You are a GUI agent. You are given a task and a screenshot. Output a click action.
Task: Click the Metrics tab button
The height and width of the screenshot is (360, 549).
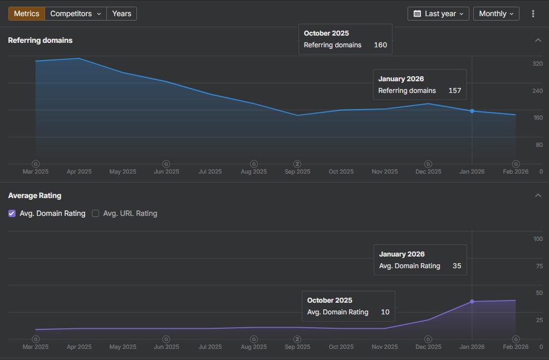(x=26, y=13)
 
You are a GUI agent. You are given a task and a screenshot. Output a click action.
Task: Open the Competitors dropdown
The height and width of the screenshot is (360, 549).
(x=76, y=13)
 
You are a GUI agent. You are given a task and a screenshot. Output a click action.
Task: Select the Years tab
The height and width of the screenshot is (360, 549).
(x=121, y=13)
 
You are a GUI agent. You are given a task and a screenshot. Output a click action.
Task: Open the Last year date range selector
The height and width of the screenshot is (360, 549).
(x=438, y=13)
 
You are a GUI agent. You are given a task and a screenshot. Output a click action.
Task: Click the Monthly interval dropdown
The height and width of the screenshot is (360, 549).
(x=496, y=13)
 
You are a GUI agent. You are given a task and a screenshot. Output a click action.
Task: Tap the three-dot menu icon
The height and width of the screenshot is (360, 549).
(x=533, y=13)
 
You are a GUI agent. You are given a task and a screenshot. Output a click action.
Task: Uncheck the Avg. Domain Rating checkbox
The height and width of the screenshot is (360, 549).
(x=12, y=213)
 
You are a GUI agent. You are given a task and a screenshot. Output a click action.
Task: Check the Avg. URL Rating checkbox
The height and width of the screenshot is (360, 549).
(x=95, y=213)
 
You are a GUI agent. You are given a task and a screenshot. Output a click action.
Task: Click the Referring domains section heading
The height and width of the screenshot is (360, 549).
(x=40, y=40)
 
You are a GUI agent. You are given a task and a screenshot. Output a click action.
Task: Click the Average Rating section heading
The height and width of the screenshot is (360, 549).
(x=35, y=195)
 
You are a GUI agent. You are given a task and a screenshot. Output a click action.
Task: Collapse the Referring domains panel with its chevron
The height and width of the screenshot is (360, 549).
(x=538, y=40)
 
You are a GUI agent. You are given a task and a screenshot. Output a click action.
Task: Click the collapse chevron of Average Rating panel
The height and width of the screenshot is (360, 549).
(x=538, y=195)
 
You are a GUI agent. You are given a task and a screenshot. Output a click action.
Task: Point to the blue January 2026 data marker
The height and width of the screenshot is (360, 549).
(x=472, y=111)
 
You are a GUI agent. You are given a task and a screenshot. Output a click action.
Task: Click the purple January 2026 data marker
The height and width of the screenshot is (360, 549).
(x=472, y=302)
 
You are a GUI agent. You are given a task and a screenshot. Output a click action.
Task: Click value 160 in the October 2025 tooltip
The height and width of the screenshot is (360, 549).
(x=380, y=45)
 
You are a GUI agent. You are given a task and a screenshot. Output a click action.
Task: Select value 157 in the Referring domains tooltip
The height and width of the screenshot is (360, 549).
(x=455, y=91)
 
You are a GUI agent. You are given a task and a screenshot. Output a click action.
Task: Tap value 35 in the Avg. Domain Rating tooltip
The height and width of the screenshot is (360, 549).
(x=457, y=266)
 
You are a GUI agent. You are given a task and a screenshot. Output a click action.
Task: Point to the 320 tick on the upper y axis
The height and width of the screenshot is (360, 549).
(x=537, y=64)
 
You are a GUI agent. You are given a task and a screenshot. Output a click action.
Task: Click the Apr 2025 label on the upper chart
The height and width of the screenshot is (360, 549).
(x=79, y=171)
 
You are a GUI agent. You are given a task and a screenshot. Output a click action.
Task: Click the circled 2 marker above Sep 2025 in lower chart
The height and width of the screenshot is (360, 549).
(x=297, y=339)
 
